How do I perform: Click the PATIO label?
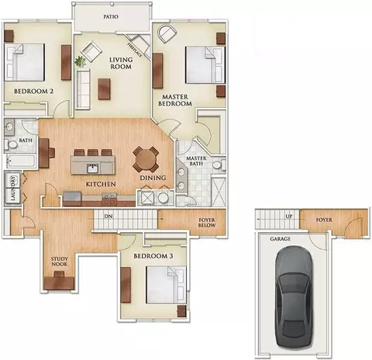tap(111, 16)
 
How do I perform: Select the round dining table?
tap(146, 159)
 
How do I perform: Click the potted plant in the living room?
tap(80, 61)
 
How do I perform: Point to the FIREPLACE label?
tap(135, 50)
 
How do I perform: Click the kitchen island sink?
tap(92, 168)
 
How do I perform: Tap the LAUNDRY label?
tap(13, 189)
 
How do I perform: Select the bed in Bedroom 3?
tap(166, 285)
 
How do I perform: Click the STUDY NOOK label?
tap(60, 261)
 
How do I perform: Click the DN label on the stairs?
tap(108, 216)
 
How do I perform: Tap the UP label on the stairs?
tap(289, 216)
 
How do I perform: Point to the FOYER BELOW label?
tap(207, 223)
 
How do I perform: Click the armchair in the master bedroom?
tap(167, 34)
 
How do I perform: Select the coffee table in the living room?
tap(104, 89)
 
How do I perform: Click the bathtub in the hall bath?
tap(20, 161)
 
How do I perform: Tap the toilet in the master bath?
tap(219, 165)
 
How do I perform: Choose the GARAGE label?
tap(280, 239)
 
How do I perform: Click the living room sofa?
tap(83, 89)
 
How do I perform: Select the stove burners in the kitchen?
tap(109, 199)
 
